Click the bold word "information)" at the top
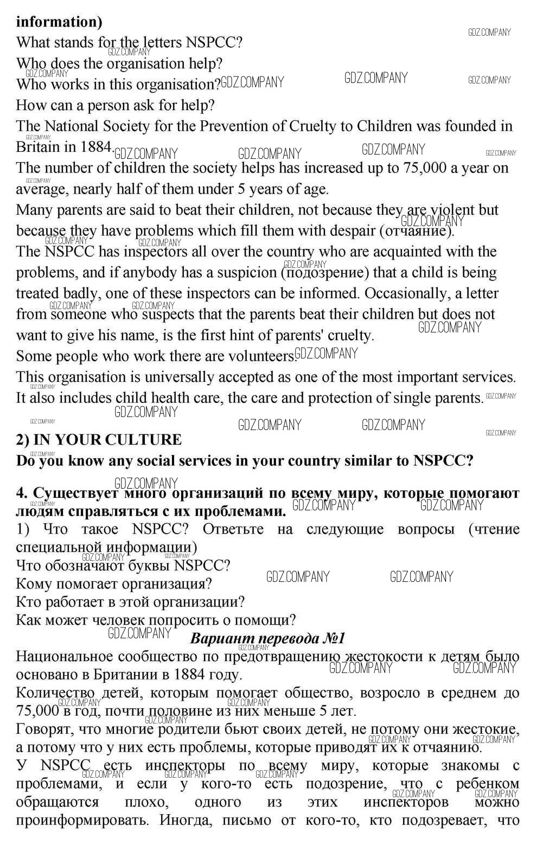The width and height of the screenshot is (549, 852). [59, 22]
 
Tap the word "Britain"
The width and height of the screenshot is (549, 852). [37, 147]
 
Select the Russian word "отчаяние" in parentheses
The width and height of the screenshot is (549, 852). [416, 232]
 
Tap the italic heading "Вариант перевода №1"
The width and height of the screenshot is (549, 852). [267, 638]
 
